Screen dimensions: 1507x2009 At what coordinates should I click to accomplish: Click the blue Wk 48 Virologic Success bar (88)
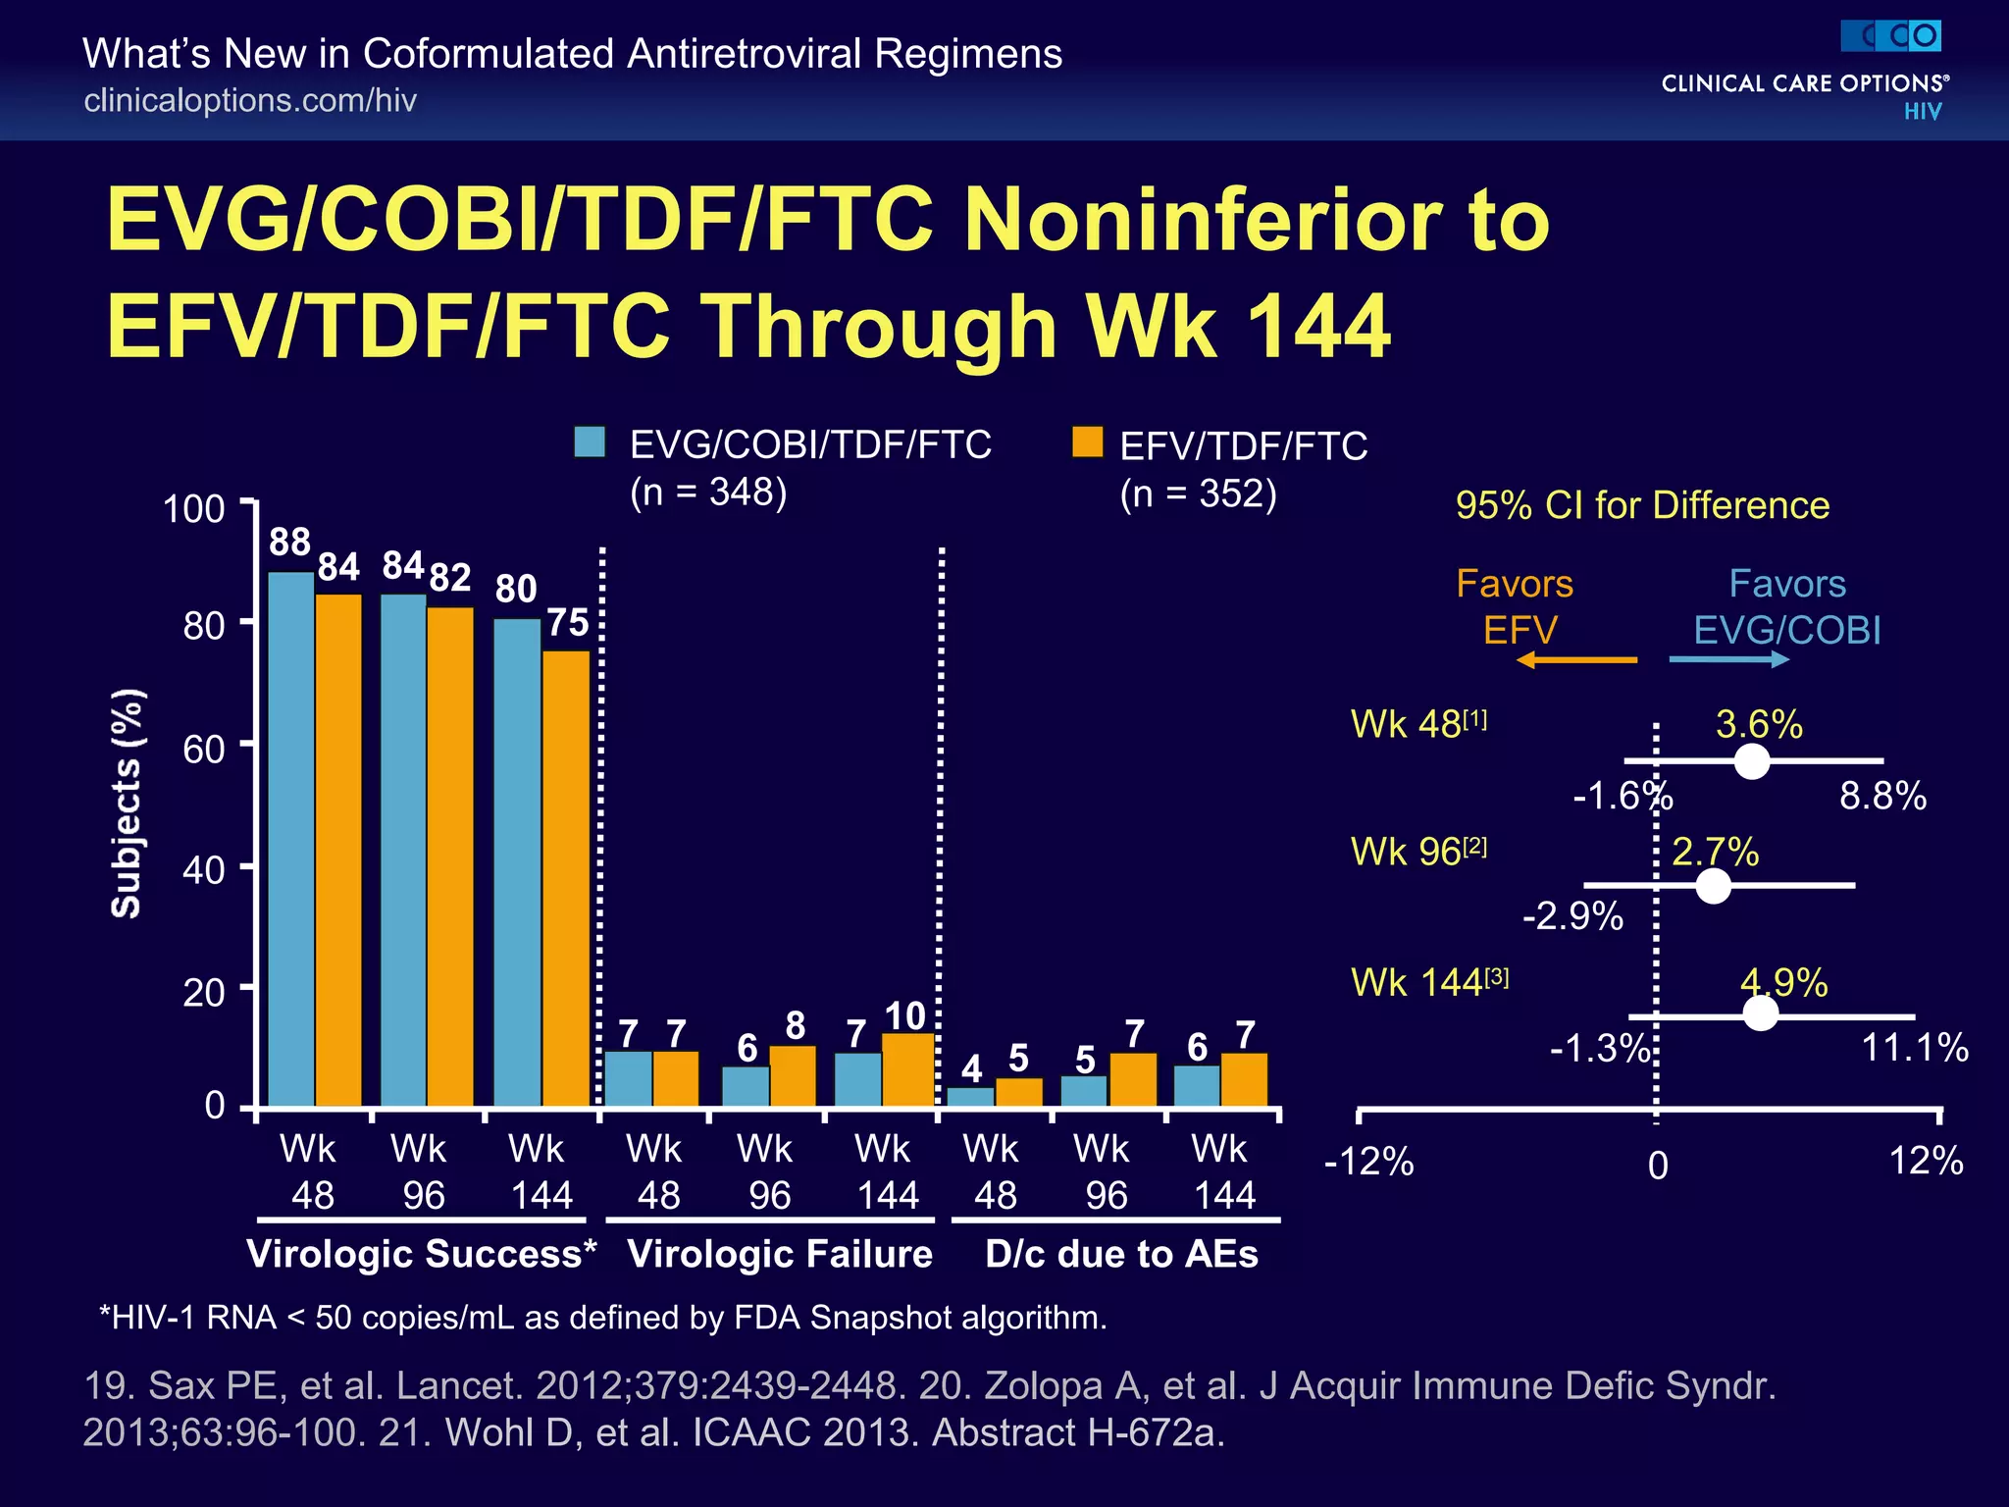click(x=291, y=839)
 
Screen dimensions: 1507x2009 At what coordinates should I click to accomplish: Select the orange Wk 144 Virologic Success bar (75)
click(x=566, y=878)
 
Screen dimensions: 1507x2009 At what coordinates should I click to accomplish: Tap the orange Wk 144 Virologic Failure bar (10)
click(x=908, y=1069)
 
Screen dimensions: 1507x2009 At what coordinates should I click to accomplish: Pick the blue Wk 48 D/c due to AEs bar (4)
click(x=971, y=1097)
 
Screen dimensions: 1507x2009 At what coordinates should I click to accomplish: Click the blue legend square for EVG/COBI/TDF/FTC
click(x=590, y=442)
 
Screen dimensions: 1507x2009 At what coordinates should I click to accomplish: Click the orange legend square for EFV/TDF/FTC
click(x=1087, y=442)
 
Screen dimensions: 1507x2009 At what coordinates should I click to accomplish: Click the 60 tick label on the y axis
click(x=204, y=750)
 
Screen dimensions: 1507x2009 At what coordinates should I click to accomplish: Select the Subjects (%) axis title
click(x=127, y=804)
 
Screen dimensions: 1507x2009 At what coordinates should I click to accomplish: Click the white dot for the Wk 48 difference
click(x=1752, y=761)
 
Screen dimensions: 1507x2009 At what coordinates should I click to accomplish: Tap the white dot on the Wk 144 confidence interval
click(x=1761, y=1013)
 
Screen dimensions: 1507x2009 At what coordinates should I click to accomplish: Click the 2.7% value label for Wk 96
click(x=1715, y=852)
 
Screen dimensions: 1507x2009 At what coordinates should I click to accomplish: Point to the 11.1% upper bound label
click(x=1915, y=1048)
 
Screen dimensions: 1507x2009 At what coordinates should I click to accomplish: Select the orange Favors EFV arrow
click(x=1576, y=660)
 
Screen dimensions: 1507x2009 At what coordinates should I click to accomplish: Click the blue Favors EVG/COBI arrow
click(x=1729, y=660)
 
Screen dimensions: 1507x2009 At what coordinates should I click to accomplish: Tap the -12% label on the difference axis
click(x=1368, y=1163)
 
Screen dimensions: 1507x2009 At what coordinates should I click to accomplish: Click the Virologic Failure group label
click(x=780, y=1254)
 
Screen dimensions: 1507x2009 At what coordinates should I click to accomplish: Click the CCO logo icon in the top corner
click(x=1891, y=36)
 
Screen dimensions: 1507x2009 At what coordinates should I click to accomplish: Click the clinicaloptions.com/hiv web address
click(x=250, y=100)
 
